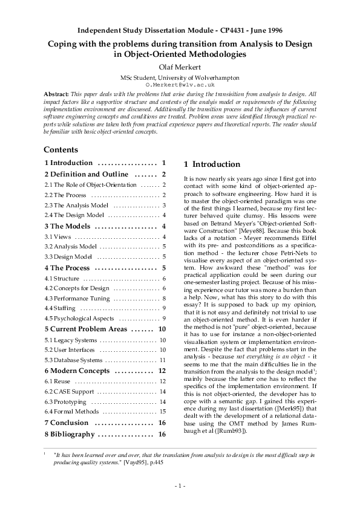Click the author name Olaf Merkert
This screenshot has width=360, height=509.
pos(180,68)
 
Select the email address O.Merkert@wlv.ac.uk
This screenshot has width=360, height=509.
pos(180,85)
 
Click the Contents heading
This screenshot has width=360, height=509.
pos(61,149)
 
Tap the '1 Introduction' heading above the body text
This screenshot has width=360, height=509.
pos(211,164)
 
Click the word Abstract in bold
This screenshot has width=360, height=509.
pos(56,95)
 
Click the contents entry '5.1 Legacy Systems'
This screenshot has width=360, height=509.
pos(68,340)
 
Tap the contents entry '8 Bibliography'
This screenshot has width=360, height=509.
pos(70,434)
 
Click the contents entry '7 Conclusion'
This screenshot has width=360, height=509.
pos(67,423)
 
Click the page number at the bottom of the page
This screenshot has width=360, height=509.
pos(180,485)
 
